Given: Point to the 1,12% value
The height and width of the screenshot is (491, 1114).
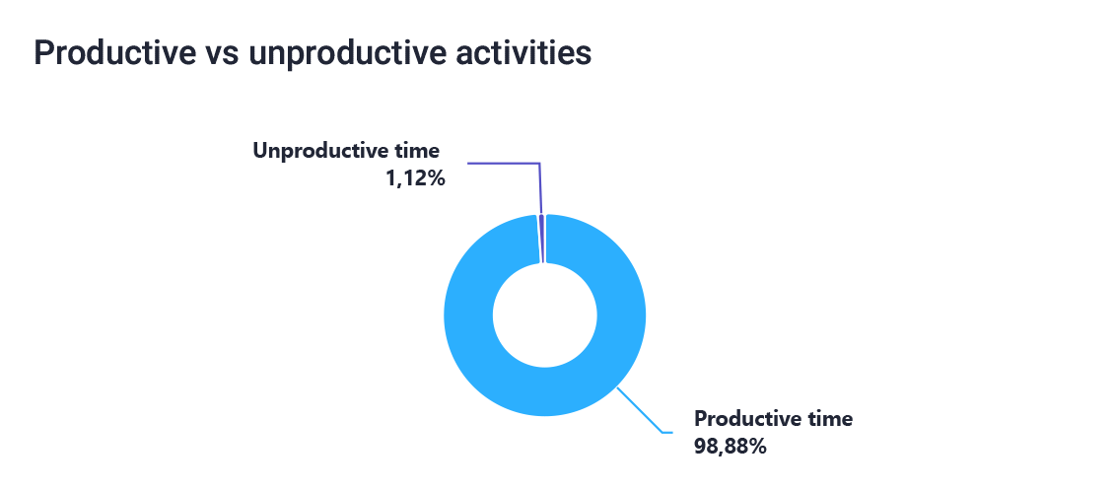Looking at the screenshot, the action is [x=415, y=178].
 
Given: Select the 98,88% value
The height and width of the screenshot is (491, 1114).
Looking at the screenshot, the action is [x=730, y=447].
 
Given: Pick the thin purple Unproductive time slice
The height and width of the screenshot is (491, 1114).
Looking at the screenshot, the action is [x=541, y=239].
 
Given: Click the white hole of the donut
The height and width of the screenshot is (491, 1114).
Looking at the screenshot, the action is [x=545, y=316].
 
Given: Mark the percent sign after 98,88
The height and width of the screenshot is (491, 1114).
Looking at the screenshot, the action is [x=757, y=447].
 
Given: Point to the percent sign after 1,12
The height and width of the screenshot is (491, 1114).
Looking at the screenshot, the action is [x=436, y=178].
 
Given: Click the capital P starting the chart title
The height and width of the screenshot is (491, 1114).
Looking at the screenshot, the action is [x=42, y=54].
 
